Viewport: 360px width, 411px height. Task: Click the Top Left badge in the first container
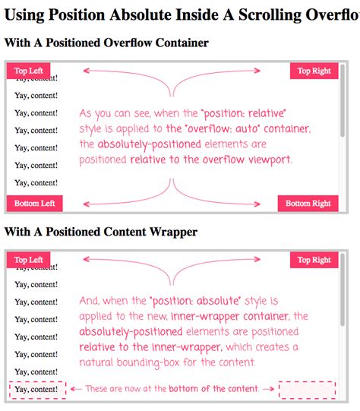click(28, 71)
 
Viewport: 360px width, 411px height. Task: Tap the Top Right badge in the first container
click(314, 71)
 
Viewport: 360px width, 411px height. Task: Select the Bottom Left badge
click(34, 203)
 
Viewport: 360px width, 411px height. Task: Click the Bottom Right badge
click(308, 203)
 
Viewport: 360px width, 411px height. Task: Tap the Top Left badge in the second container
click(28, 260)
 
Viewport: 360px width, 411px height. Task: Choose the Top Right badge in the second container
click(314, 260)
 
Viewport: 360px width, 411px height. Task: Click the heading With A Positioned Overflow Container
click(106, 43)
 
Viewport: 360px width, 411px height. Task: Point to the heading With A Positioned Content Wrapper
click(101, 232)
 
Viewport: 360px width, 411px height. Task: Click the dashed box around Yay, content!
click(36, 390)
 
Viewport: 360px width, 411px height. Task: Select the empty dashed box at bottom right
click(307, 390)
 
